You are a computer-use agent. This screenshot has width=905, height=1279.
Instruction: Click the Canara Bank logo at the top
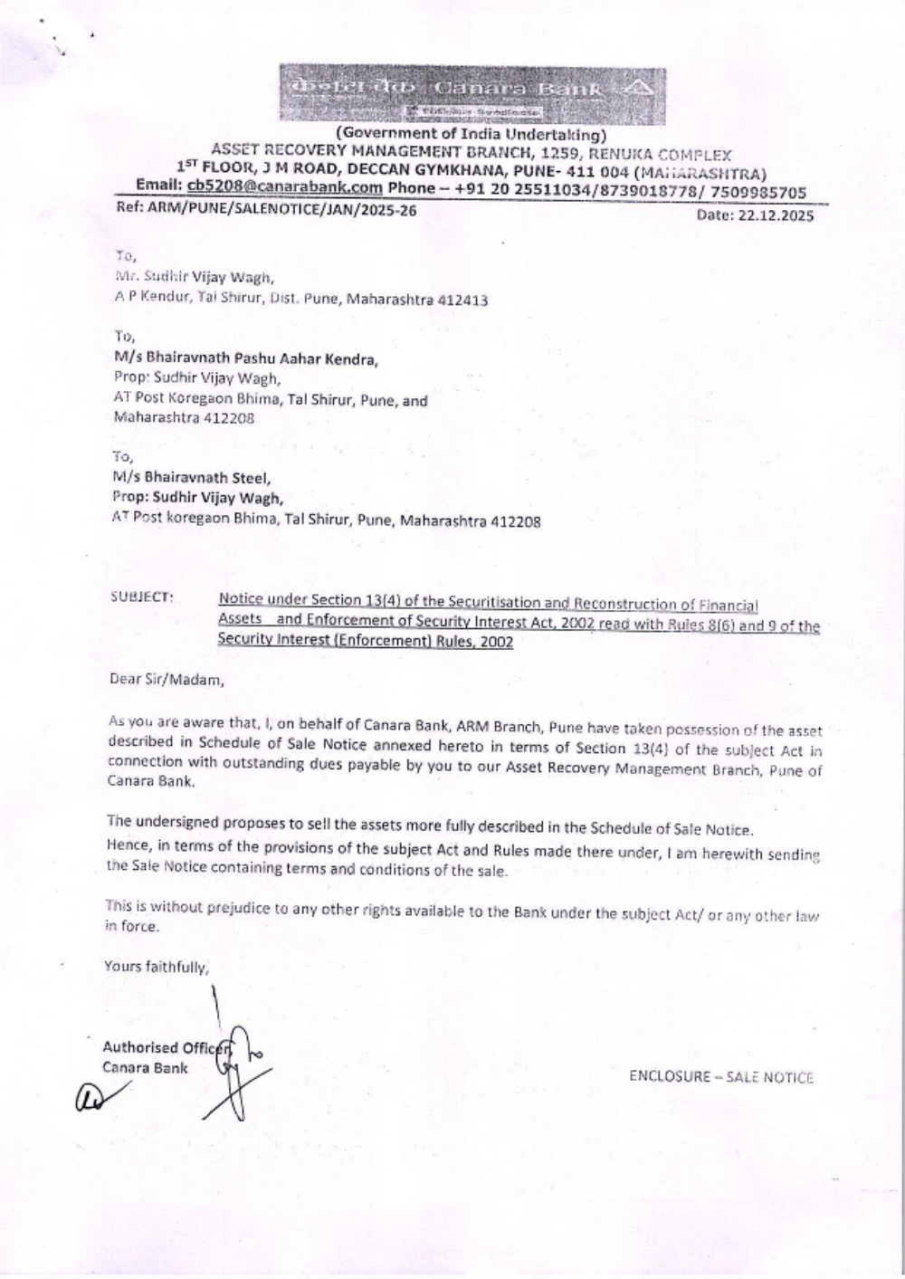472,94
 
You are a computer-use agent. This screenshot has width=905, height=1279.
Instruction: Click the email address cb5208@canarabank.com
284,187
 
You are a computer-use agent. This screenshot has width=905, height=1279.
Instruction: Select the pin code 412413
462,300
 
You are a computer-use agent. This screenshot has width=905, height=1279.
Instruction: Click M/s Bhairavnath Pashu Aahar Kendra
245,358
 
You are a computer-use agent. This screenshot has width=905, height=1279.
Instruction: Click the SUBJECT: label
141,597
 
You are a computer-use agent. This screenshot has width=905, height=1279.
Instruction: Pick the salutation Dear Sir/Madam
166,678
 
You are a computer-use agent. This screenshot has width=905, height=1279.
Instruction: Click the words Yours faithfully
156,966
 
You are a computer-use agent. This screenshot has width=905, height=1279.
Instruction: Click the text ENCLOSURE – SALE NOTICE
721,1077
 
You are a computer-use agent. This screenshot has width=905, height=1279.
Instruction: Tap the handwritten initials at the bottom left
94,1094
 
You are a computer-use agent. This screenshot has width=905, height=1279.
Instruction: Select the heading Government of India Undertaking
471,136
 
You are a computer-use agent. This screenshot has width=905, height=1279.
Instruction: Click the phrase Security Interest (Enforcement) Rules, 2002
365,642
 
